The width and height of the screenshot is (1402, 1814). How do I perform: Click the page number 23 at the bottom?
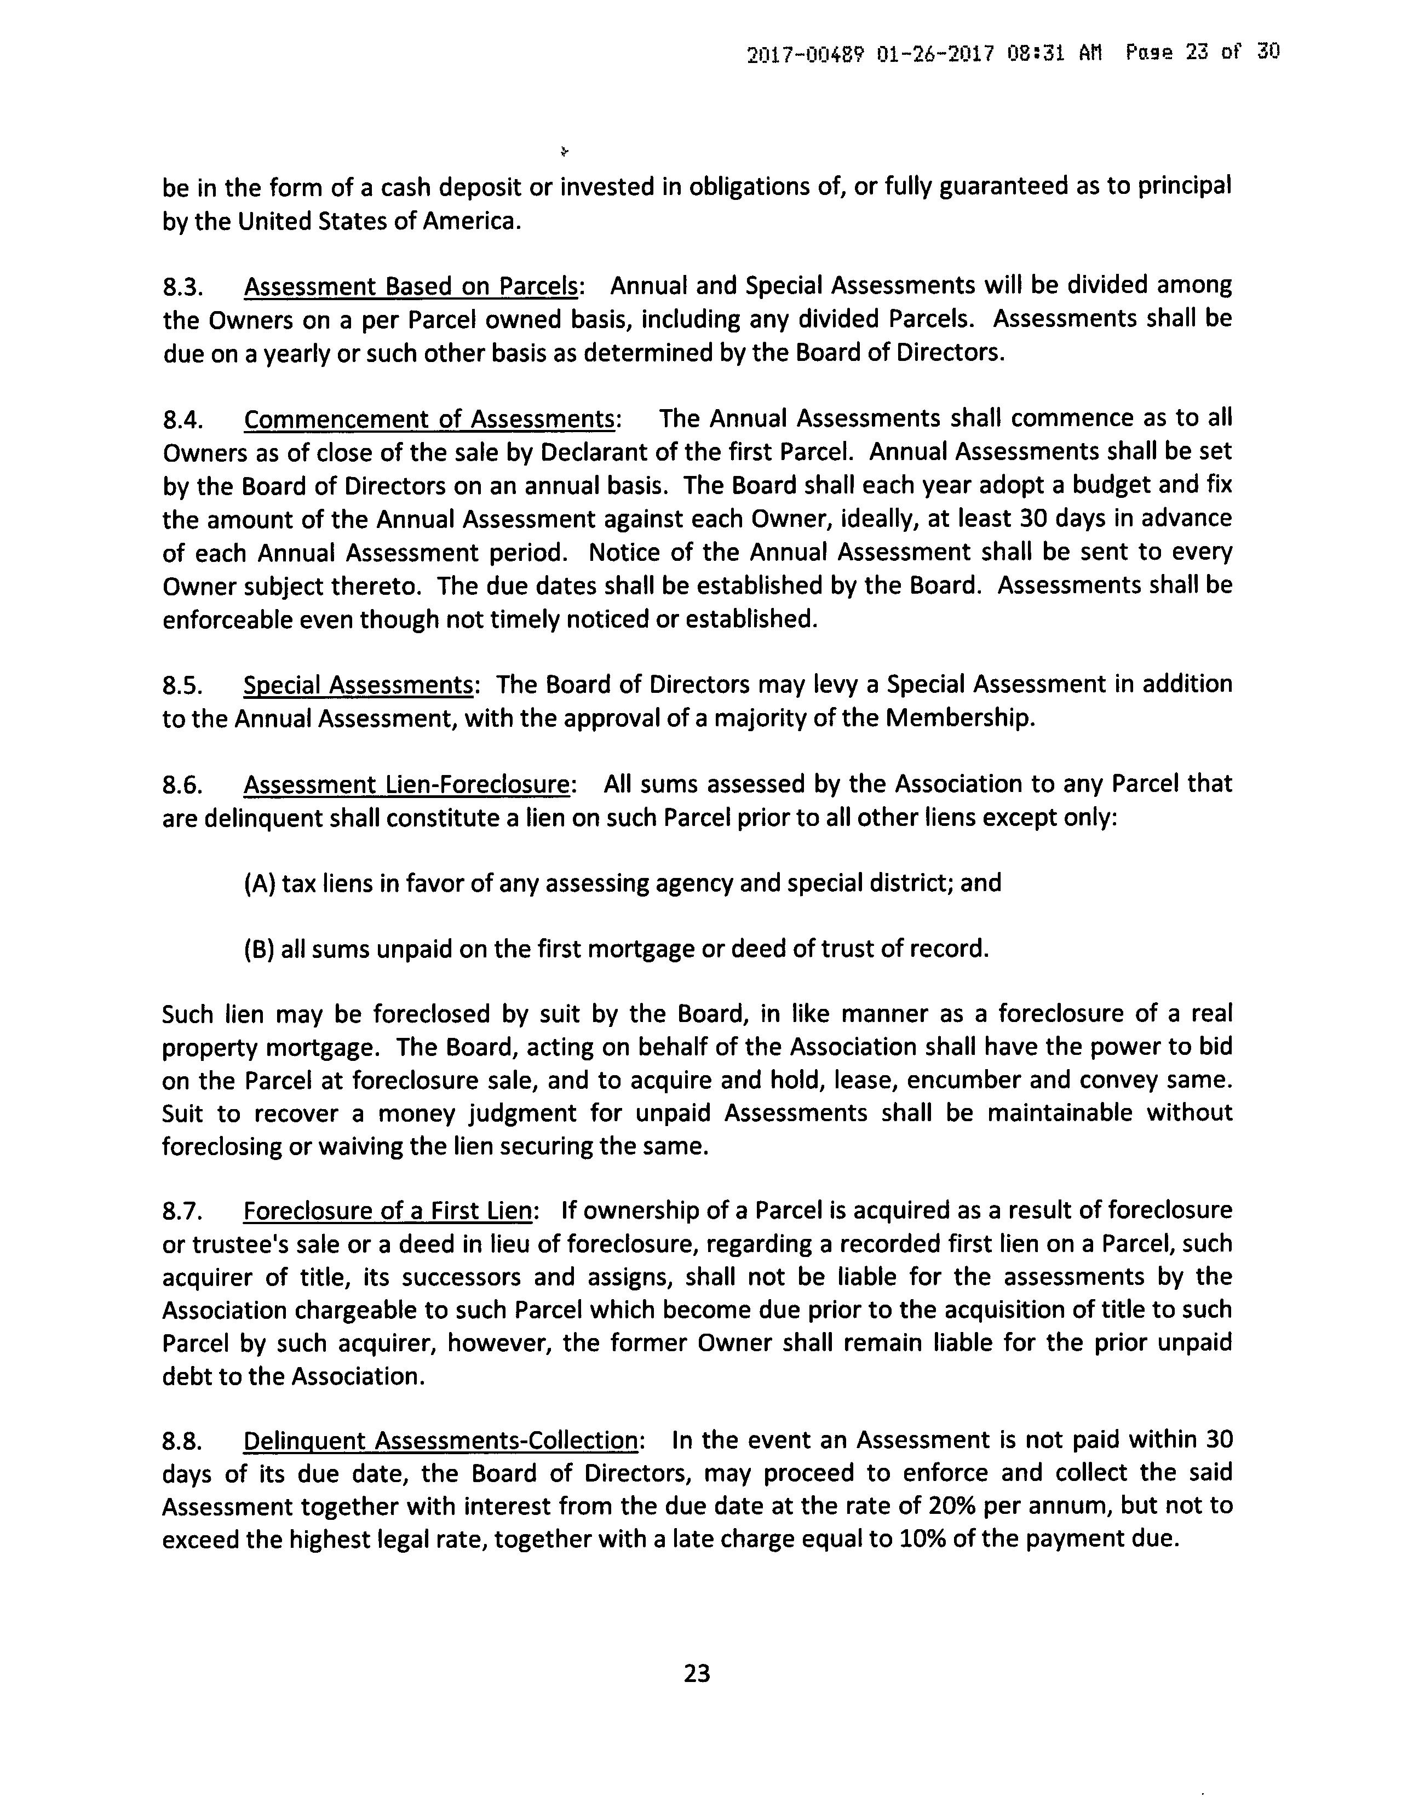pyautogui.click(x=696, y=1673)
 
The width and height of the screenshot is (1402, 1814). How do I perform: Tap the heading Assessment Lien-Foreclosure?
pyautogui.click(x=407, y=785)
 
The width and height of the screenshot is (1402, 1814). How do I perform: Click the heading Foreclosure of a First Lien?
pyautogui.click(x=387, y=1211)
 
